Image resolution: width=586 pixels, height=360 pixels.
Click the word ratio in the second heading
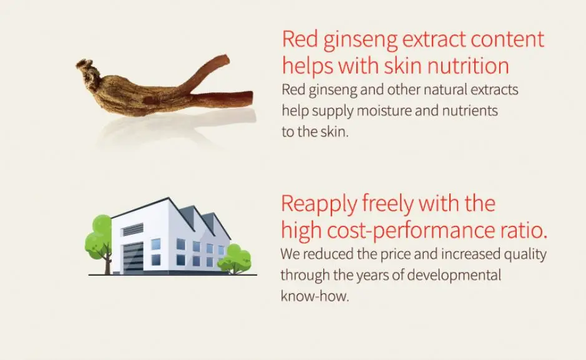pyautogui.click(x=522, y=231)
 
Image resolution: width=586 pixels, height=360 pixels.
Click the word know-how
pyautogui.click(x=314, y=296)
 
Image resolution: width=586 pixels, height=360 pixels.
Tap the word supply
pyautogui.click(x=326, y=112)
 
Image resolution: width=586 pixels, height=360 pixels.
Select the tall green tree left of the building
pyautogui.click(x=100, y=237)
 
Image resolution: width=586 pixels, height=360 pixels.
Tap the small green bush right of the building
pyautogui.click(x=236, y=257)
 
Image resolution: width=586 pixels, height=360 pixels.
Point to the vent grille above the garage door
pyautogui.click(x=132, y=230)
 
